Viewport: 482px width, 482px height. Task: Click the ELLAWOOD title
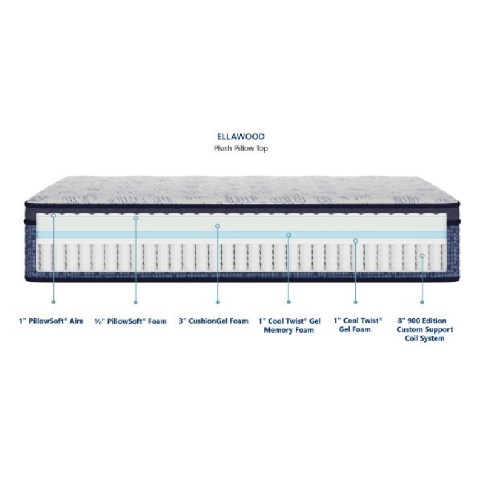[241, 136]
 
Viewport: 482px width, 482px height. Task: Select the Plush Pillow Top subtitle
[241, 149]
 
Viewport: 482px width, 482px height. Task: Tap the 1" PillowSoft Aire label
[51, 321]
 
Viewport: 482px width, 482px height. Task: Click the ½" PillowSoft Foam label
[131, 321]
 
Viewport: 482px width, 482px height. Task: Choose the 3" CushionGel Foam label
[213, 321]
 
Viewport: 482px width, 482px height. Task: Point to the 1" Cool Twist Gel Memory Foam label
[289, 326]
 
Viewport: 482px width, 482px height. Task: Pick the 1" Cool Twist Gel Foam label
[358, 325]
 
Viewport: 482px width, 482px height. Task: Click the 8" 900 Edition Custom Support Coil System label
[424, 329]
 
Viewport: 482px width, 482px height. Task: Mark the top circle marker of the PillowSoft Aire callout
[53, 215]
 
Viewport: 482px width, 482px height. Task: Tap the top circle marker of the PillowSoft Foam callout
[136, 218]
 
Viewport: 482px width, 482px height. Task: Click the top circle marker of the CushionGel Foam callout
[218, 226]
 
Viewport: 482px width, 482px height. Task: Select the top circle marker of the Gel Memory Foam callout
[289, 235]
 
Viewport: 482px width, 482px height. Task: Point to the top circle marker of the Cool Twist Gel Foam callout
[356, 241]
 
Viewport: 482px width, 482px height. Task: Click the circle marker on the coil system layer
[422, 256]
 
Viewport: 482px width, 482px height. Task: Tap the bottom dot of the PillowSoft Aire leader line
[53, 302]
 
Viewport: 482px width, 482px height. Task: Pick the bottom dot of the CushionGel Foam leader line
[218, 303]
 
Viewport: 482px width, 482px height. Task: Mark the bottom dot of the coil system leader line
[422, 303]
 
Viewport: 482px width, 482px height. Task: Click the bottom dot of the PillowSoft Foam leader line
[136, 303]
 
